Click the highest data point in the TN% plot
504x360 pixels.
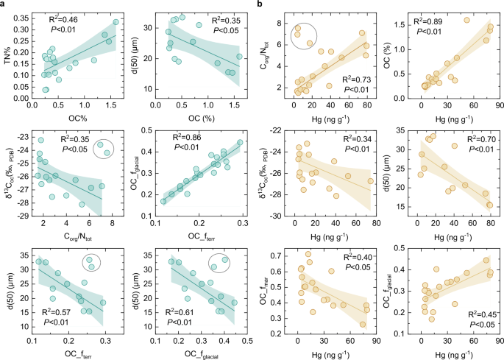coord(116,22)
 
